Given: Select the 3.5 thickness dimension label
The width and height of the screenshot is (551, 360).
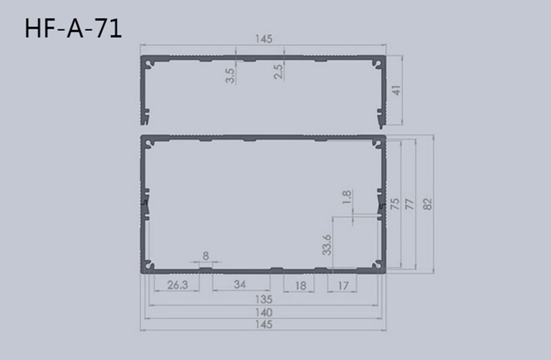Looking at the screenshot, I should point(231,76).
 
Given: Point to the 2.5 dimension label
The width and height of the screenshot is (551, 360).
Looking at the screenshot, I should point(278,72).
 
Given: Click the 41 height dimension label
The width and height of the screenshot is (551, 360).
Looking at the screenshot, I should point(397,91).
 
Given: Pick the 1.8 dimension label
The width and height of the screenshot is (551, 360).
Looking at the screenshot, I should point(347,197).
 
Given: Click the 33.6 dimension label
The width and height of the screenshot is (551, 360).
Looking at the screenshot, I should point(327,245).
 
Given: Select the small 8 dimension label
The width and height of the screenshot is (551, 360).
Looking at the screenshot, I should point(205,256).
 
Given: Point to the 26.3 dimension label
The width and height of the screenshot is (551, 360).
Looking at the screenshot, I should point(176,285).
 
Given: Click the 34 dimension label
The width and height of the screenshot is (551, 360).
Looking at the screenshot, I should point(240,285).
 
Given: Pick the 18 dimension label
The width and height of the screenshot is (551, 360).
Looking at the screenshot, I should point(300,285).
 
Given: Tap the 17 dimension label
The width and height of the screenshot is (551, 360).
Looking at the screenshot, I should point(342,285).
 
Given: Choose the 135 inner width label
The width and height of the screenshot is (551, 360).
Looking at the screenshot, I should point(264,300).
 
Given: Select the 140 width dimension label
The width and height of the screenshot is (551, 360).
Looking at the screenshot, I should point(264,312).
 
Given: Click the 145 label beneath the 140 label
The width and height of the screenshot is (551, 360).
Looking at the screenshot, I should point(264,324).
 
